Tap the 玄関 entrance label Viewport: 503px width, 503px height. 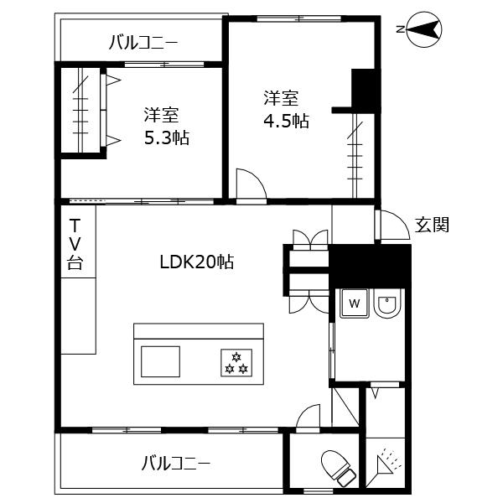click(432, 224)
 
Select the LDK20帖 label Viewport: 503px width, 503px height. click(196, 262)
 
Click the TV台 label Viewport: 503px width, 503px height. click(75, 244)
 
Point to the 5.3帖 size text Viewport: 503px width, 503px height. click(166, 137)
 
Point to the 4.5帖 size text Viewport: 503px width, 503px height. click(287, 120)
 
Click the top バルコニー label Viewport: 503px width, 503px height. click(143, 44)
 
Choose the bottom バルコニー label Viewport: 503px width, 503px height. click(175, 462)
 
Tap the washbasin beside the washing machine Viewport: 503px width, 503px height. click(386, 306)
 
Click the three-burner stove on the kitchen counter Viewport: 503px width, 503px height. click(236, 362)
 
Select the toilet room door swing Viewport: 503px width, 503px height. click(308, 417)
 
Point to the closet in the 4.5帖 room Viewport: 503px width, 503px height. click(356, 155)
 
